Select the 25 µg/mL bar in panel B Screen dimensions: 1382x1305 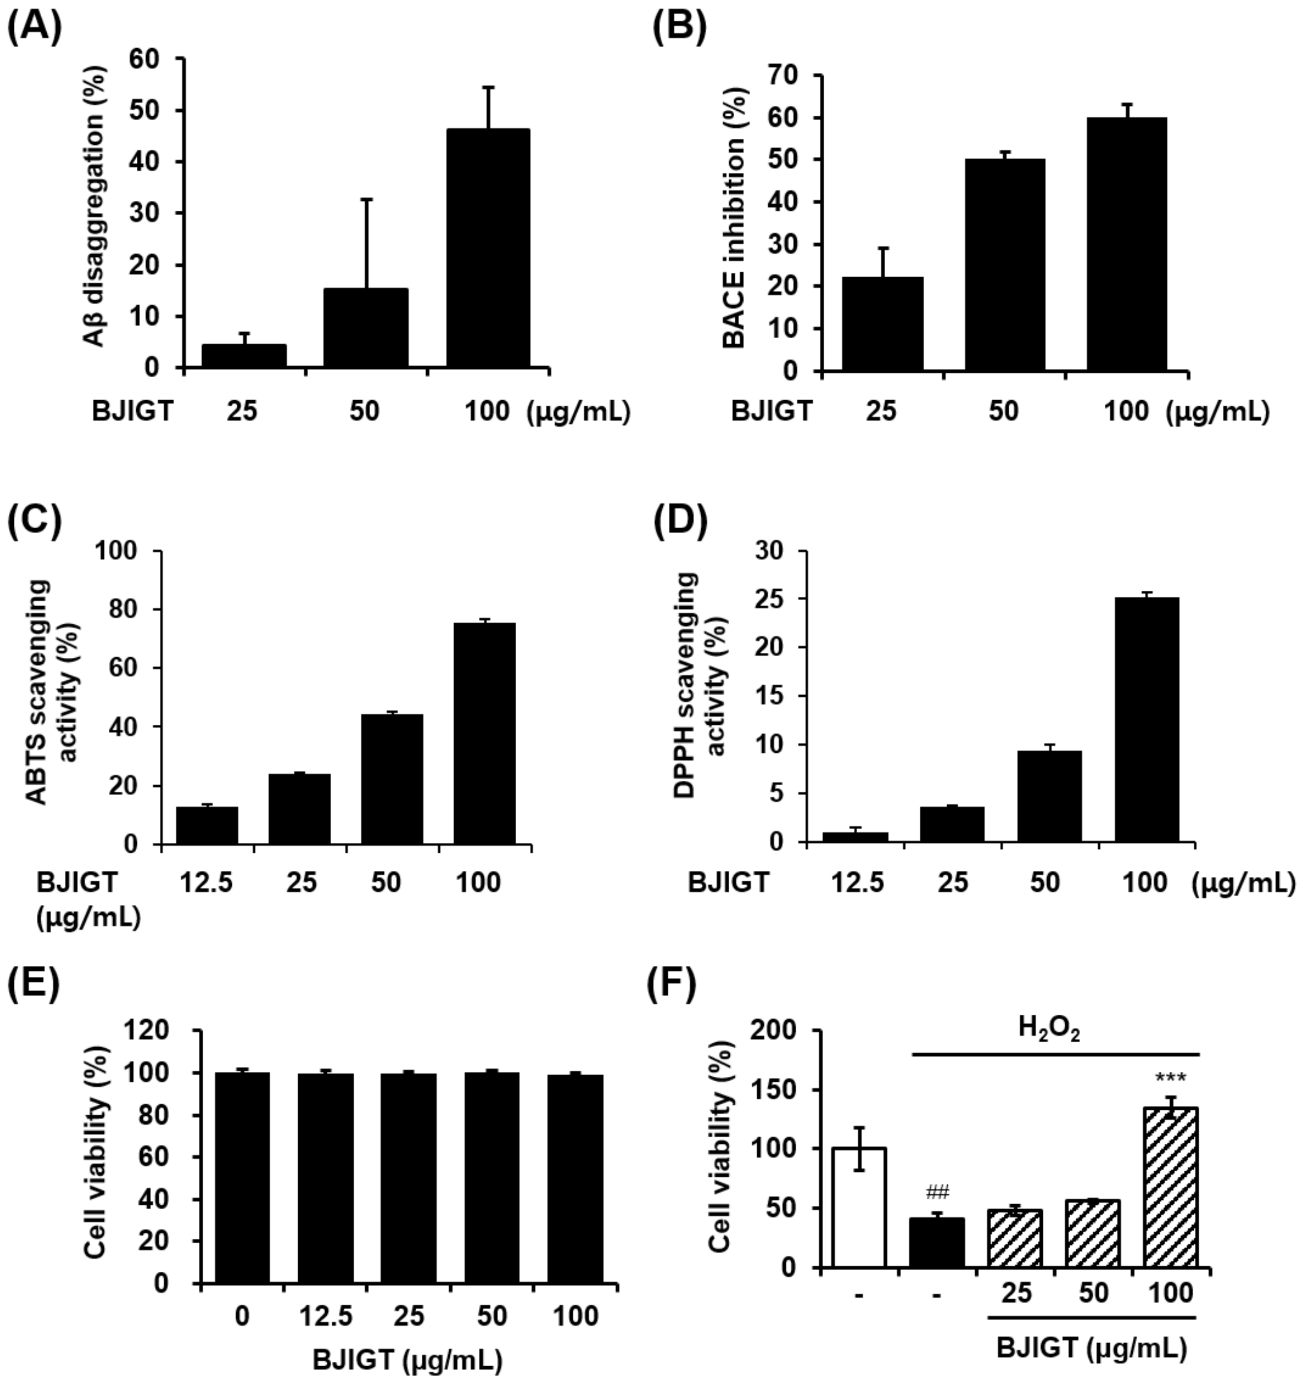coord(882,323)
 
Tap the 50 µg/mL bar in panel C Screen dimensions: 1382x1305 coord(392,779)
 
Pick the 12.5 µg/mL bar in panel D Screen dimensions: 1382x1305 coord(855,837)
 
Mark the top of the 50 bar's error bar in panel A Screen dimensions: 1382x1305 coord(367,200)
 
